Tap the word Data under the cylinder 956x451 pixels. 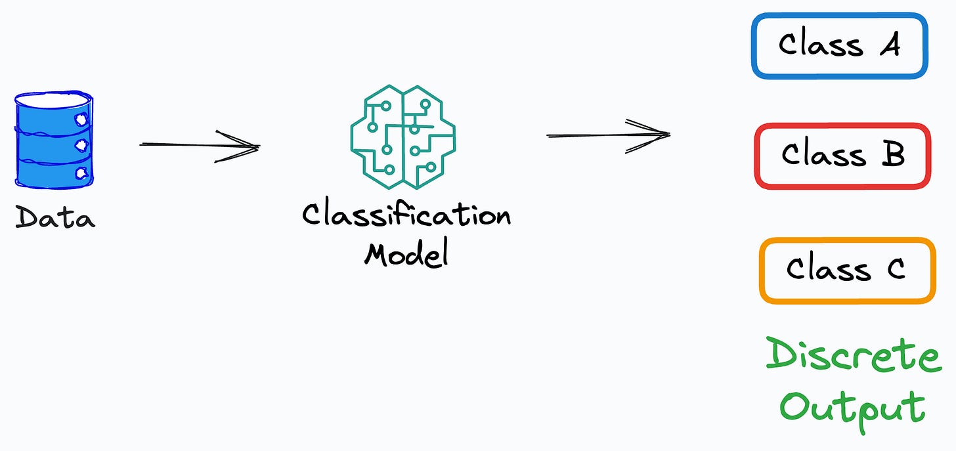click(x=55, y=217)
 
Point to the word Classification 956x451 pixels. click(x=406, y=215)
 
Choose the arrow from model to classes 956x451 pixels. click(x=607, y=135)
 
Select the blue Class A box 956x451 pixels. click(x=839, y=45)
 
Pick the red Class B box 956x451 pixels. click(x=842, y=156)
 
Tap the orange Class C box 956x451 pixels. click(x=847, y=270)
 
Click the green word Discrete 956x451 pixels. click(x=854, y=356)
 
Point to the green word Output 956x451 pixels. click(x=852, y=407)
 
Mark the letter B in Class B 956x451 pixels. click(x=894, y=155)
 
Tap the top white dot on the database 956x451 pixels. click(x=82, y=119)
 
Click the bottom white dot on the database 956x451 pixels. click(x=82, y=173)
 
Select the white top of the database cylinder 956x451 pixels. click(x=53, y=100)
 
